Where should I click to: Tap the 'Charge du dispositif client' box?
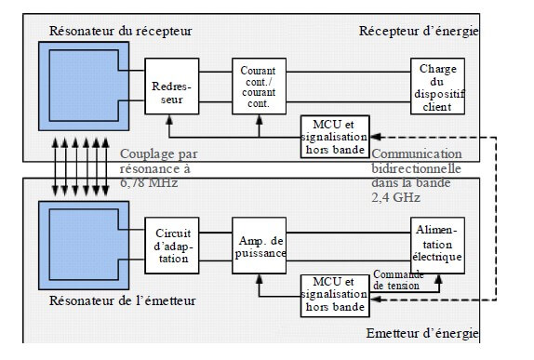(436, 86)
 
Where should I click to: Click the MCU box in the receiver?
(333, 136)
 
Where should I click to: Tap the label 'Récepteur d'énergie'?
(419, 31)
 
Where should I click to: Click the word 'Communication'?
(417, 153)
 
